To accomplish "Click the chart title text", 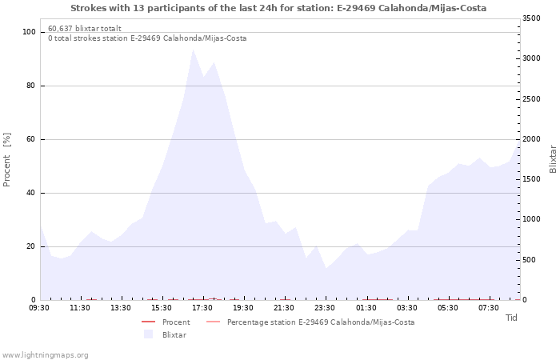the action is tap(278, 8).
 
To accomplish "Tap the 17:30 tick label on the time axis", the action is tap(202, 308).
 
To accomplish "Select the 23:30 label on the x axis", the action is tap(324, 308).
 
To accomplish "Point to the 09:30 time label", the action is tap(39, 308).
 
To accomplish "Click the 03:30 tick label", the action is tap(406, 308).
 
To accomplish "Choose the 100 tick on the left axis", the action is tap(29, 32).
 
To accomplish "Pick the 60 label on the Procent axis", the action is tap(31, 139).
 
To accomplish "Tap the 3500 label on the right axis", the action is tap(531, 18).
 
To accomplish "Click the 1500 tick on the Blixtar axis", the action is tap(531, 179).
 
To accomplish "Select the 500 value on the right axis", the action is tap(530, 260).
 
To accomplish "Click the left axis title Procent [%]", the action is tap(6, 160).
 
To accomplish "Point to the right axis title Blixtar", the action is tap(553, 159).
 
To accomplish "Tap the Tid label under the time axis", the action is tap(511, 318).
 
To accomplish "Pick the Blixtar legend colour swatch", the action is tap(148, 334).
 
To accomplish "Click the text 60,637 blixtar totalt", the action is tap(85, 29).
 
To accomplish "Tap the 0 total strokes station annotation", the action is tap(147, 38).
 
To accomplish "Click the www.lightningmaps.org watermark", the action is tap(45, 355).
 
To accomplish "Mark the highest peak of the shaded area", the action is tap(193, 50).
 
